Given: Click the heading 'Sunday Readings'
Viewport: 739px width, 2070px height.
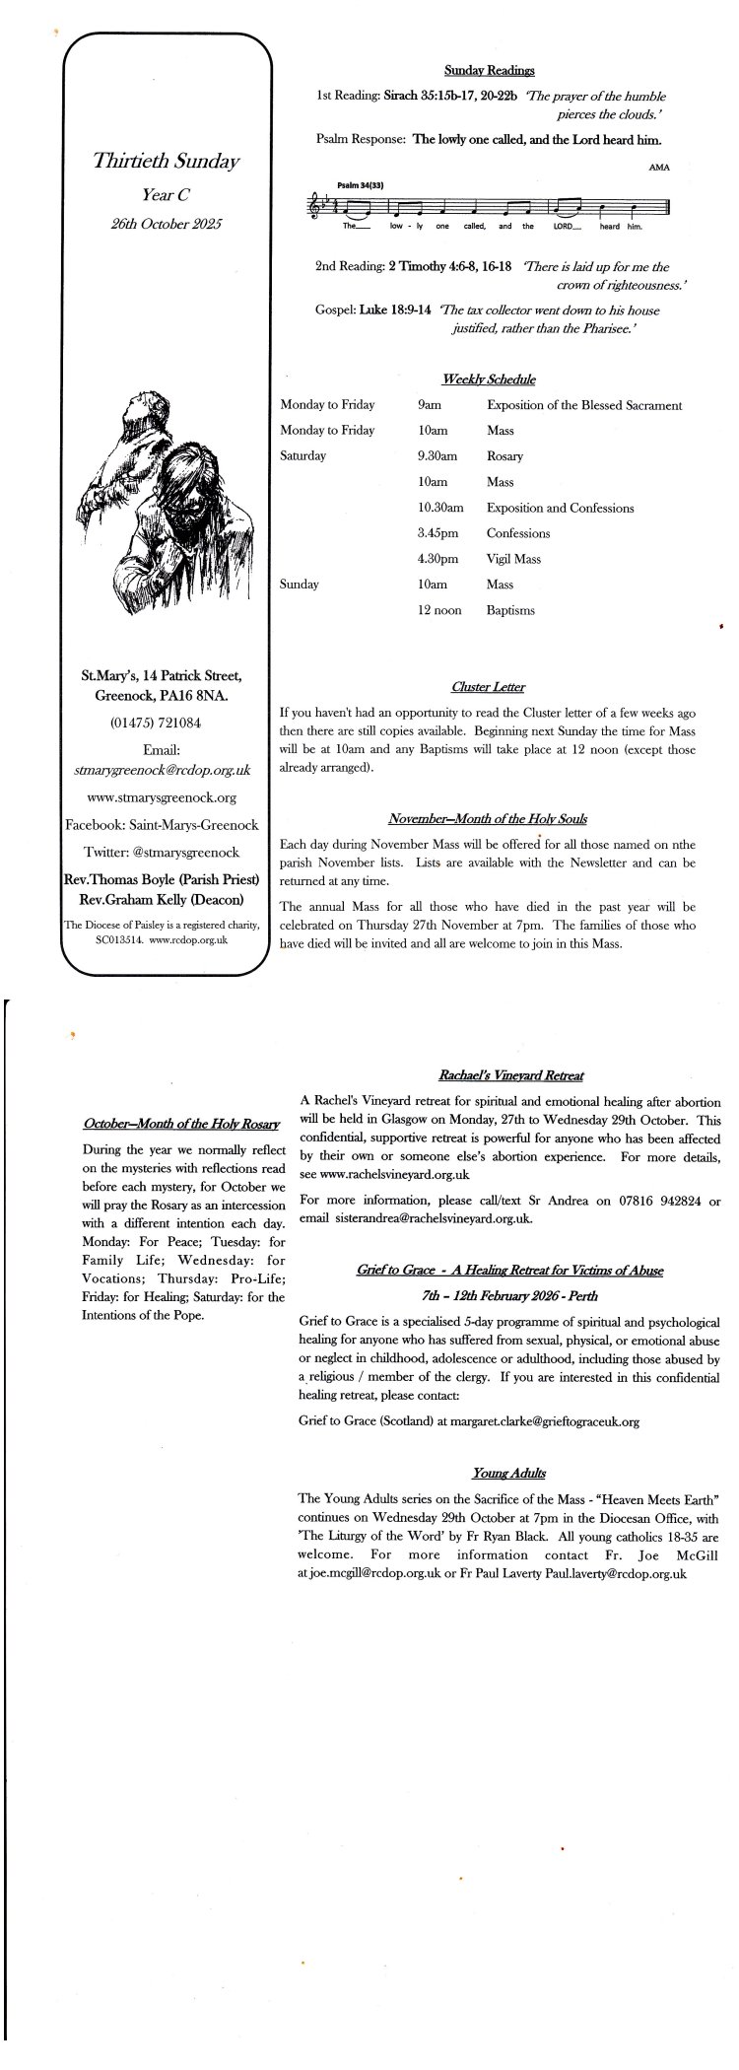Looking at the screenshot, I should point(489,70).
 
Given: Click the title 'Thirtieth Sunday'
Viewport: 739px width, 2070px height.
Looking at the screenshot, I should point(167,161).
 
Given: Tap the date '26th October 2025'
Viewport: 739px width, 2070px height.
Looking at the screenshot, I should point(167,224).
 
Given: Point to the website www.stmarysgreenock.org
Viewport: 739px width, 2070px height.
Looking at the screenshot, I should point(162,796).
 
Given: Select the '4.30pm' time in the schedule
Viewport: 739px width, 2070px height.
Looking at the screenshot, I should point(438,559).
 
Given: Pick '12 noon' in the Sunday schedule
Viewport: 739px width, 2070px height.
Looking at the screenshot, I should point(439,610).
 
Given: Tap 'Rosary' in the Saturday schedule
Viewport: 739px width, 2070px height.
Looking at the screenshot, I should point(504,456).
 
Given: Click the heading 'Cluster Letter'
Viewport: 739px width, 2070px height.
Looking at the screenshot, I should point(488,686).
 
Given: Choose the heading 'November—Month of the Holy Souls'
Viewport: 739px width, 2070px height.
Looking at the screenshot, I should point(488,818).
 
